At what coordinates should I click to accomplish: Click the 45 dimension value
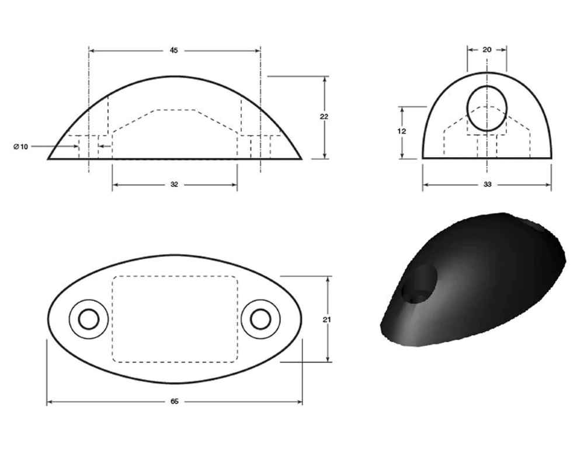[173, 51]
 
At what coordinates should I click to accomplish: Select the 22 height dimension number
[324, 117]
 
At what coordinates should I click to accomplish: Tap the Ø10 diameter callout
[20, 146]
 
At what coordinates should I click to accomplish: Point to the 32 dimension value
[174, 185]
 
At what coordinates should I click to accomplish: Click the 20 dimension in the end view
[487, 50]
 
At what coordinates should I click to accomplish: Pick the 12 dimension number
[401, 131]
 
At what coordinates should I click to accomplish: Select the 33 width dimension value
[487, 185]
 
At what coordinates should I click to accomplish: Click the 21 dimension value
[327, 319]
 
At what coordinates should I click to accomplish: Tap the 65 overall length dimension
[174, 402]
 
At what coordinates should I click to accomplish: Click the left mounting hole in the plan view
[89, 319]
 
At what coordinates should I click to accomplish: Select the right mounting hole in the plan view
[260, 319]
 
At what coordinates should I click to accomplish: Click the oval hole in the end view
[487, 109]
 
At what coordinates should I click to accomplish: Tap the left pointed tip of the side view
[48, 158]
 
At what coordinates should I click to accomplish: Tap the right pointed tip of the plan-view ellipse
[301, 319]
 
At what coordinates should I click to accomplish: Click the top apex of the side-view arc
[174, 76]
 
